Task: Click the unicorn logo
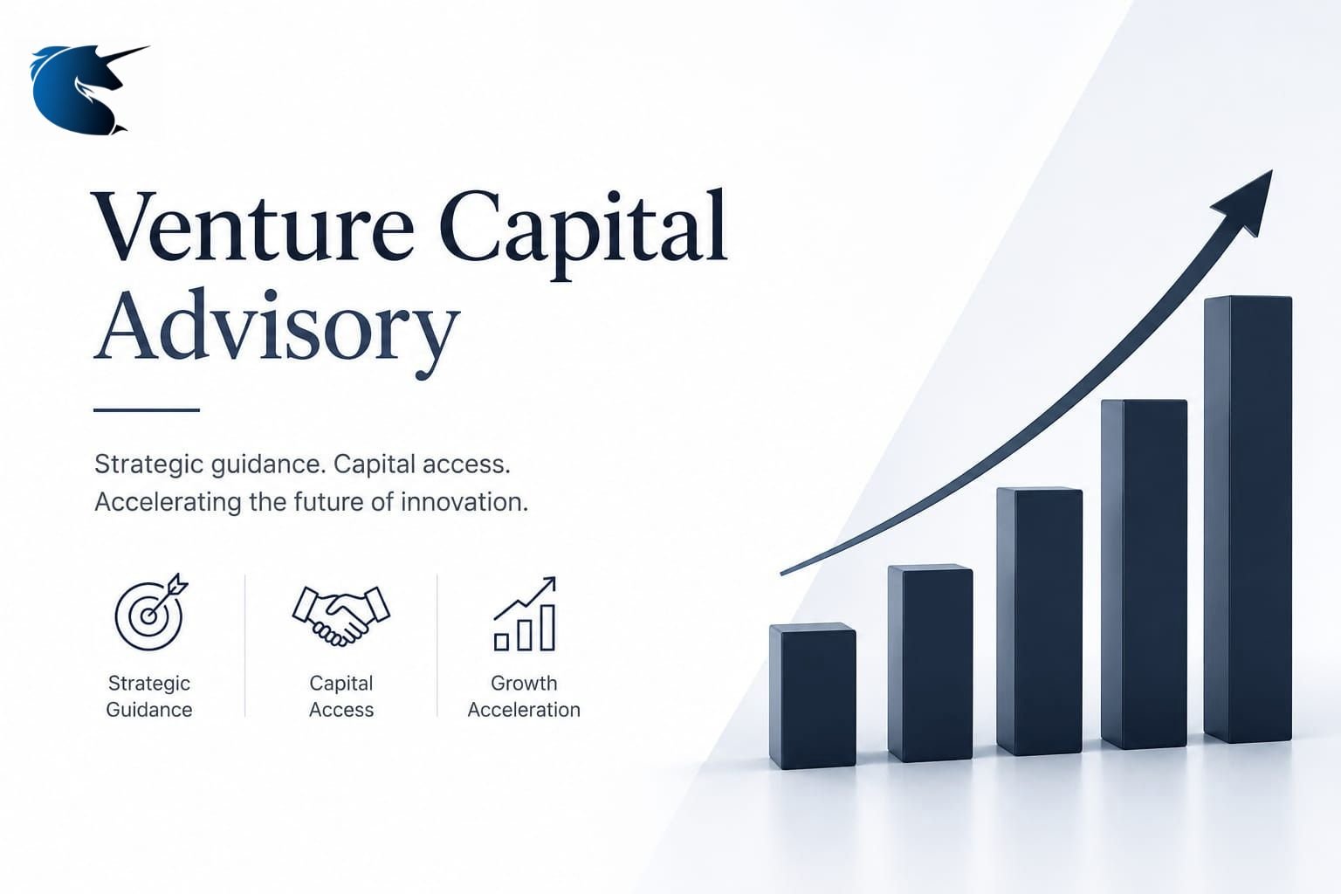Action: click(x=78, y=90)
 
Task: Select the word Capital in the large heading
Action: click(x=583, y=233)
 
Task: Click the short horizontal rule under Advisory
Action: click(x=147, y=410)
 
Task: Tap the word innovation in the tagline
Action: click(x=464, y=502)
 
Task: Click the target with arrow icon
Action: click(x=151, y=612)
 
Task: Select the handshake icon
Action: click(x=341, y=615)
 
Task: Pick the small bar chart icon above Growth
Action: click(x=525, y=614)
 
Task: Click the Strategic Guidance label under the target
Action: click(x=149, y=697)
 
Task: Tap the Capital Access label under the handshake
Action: click(x=341, y=697)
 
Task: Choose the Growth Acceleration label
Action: click(x=524, y=697)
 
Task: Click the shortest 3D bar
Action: click(x=813, y=696)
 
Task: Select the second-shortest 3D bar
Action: click(x=931, y=663)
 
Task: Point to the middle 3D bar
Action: click(x=1039, y=621)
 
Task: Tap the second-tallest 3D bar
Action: click(x=1144, y=574)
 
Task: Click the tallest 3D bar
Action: click(x=1248, y=519)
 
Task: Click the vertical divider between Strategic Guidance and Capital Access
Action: click(x=244, y=645)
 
